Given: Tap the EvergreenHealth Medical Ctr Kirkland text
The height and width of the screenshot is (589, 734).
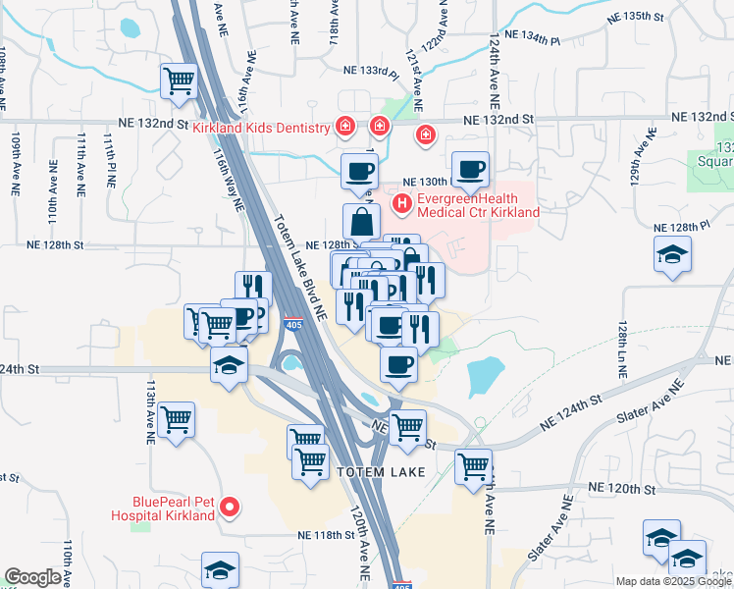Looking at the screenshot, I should [478, 204].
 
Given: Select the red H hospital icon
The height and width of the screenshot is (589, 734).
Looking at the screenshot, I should [401, 204].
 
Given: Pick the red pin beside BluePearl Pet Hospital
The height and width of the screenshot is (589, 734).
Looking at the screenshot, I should [230, 507].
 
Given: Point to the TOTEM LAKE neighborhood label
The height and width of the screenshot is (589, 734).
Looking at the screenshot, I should [381, 472].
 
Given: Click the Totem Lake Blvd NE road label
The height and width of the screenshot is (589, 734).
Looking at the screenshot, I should [299, 267].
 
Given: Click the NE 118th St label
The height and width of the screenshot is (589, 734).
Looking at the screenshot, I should [327, 535].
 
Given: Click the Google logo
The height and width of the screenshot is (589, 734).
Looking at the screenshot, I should [33, 577].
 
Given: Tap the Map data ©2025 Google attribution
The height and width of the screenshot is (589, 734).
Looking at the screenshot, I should [673, 581].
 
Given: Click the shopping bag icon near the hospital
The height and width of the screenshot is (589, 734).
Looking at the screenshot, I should [361, 220].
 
